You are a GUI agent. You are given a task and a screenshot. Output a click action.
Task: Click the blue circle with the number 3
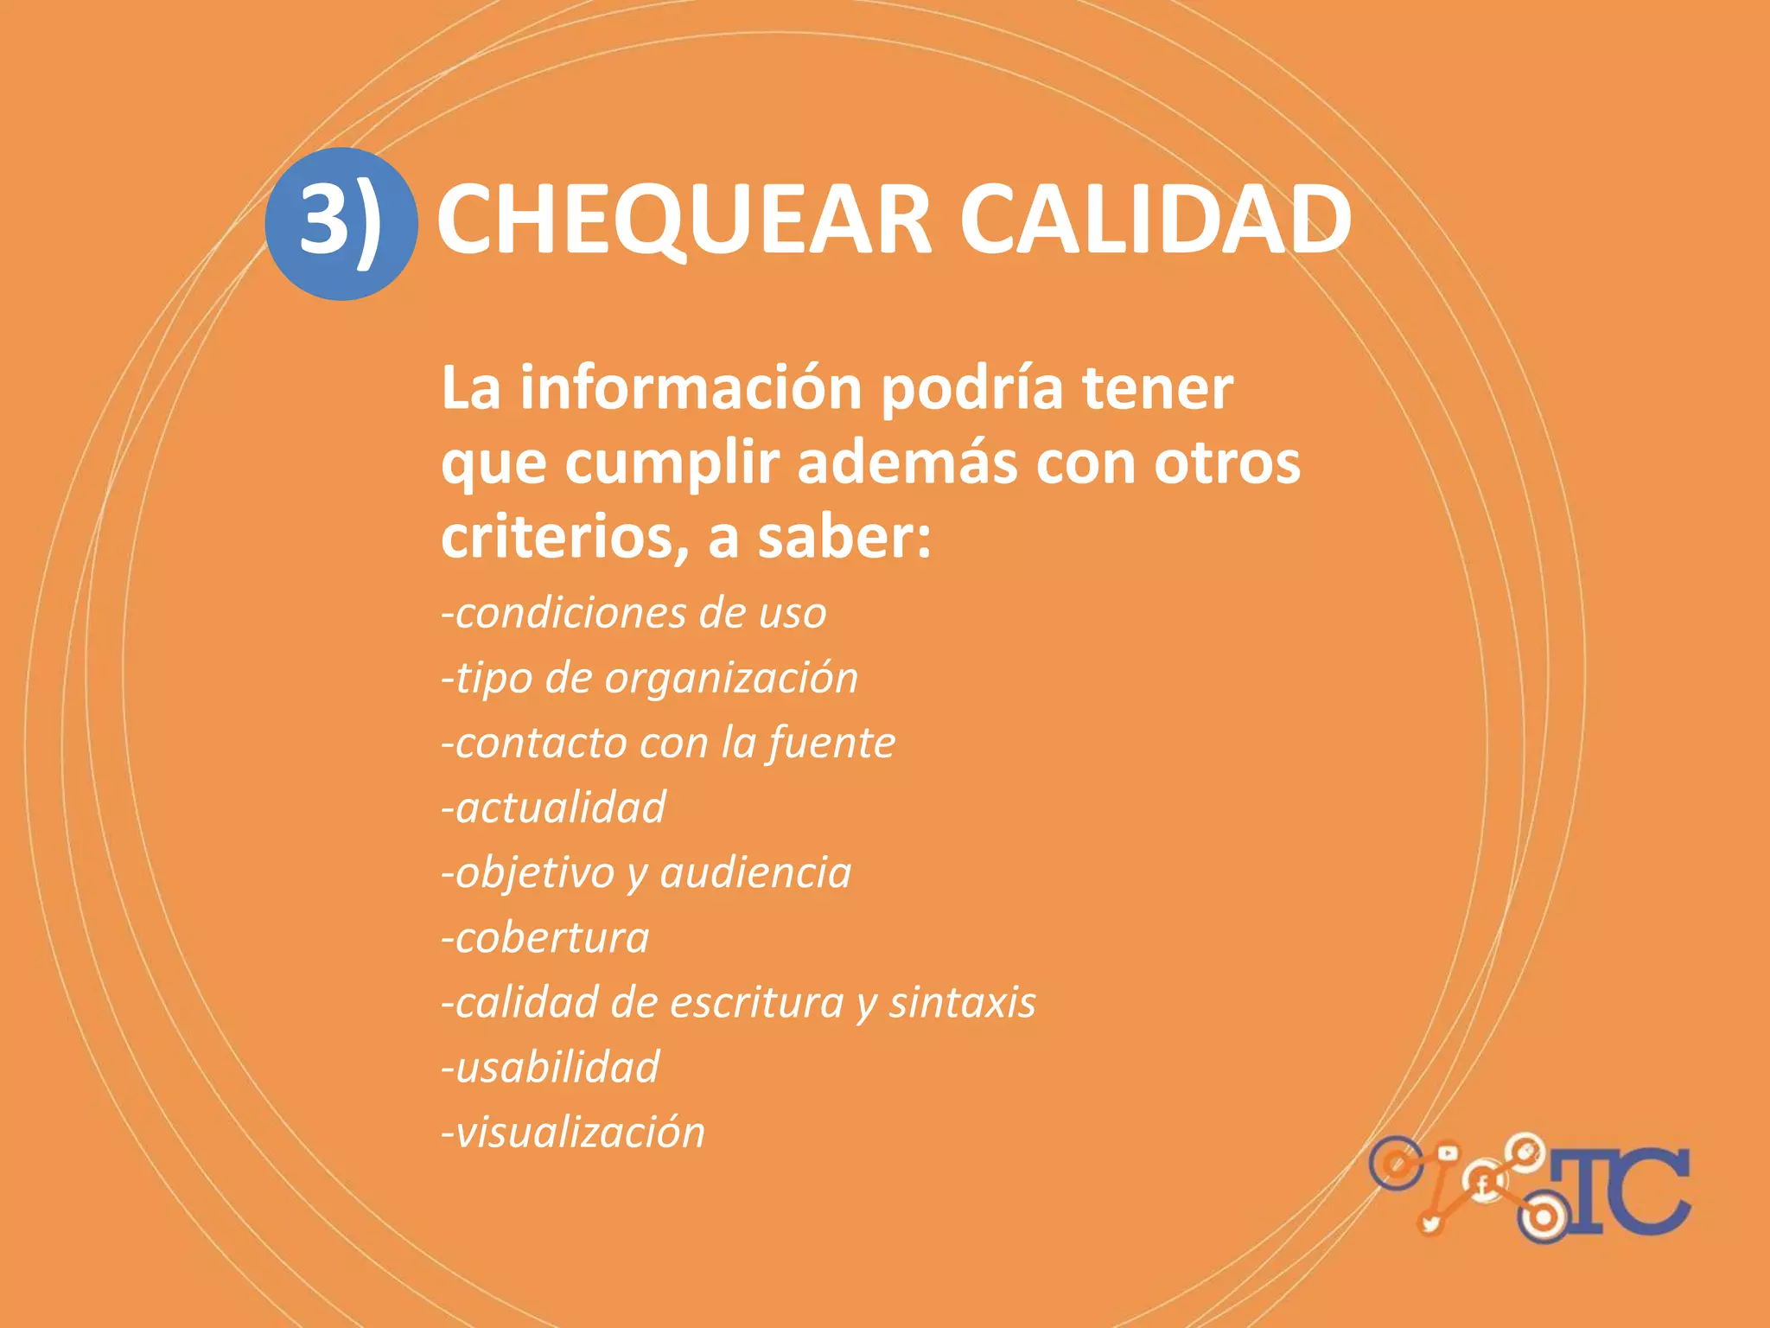pos(341,223)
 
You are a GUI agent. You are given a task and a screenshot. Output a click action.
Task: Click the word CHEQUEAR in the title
pos(684,221)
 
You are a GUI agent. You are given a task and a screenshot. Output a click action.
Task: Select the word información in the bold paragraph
pos(691,388)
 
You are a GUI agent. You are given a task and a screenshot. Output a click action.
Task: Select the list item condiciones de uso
pos(634,614)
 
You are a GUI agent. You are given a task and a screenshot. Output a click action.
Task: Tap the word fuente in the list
pos(831,743)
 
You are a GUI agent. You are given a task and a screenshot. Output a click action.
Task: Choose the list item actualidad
pos(554,808)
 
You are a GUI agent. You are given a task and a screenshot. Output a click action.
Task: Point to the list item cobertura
pos(545,938)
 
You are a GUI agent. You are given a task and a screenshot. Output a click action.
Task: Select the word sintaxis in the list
pos(963,1003)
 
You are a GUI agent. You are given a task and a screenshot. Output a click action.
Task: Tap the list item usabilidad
pos(551,1068)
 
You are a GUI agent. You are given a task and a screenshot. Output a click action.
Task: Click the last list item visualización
pos(573,1133)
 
